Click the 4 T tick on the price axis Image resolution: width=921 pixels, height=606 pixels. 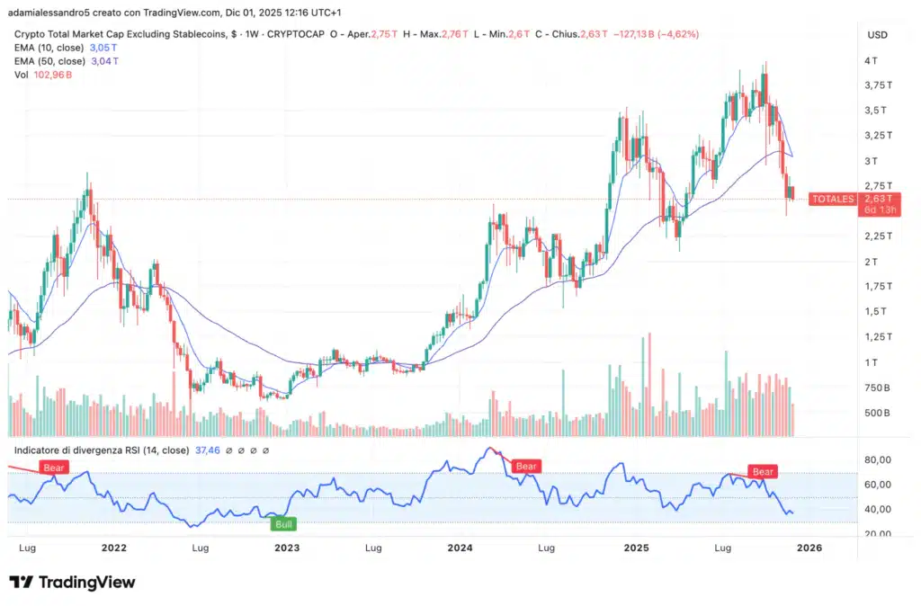[x=872, y=60]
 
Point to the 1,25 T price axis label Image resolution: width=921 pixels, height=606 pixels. [x=878, y=336]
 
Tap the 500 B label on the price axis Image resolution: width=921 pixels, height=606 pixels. [x=878, y=413]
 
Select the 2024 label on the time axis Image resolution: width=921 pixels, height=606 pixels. [x=460, y=547]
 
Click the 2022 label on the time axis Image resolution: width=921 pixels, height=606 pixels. [x=113, y=547]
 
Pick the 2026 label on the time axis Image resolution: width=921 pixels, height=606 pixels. [x=809, y=547]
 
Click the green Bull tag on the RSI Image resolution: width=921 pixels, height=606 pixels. [x=284, y=522]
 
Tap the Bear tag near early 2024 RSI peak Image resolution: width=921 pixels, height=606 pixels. [x=525, y=466]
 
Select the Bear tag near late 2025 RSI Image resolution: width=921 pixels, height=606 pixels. [x=763, y=471]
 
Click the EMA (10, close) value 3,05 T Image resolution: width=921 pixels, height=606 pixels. [x=104, y=48]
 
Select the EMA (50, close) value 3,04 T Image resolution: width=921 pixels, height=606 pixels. [x=104, y=61]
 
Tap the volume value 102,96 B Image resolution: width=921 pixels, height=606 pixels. [x=52, y=75]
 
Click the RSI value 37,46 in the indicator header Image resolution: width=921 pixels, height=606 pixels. [x=206, y=450]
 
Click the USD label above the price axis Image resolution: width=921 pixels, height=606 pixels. [x=877, y=34]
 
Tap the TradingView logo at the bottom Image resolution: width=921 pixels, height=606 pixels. [x=72, y=582]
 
